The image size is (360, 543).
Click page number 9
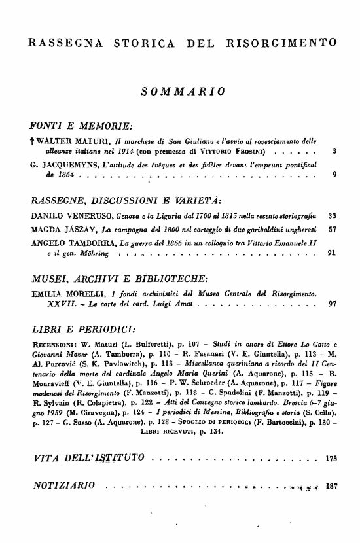coord(335,175)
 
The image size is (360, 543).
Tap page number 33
coord(332,215)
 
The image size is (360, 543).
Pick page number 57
coord(332,230)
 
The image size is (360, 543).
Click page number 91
coord(332,254)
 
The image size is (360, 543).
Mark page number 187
coord(331,468)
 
